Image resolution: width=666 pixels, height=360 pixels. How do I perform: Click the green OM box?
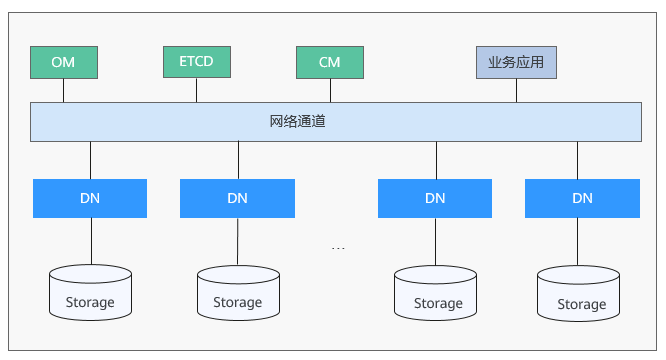[64, 62]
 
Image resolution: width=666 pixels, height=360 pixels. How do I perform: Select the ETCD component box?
[197, 61]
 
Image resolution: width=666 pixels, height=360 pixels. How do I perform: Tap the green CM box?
[329, 62]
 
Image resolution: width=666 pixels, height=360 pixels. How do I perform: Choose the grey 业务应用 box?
[515, 62]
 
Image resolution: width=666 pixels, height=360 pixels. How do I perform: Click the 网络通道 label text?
[297, 122]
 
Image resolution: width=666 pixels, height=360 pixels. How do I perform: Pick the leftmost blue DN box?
[90, 198]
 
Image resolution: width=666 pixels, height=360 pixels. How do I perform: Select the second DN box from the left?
[237, 198]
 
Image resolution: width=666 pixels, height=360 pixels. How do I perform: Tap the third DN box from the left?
[435, 198]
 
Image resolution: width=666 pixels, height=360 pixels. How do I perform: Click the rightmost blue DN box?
[582, 198]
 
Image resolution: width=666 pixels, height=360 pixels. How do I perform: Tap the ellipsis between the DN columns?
[338, 247]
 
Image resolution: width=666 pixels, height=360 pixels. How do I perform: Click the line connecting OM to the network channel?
[64, 90]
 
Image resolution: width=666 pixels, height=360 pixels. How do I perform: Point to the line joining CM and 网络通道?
[329, 90]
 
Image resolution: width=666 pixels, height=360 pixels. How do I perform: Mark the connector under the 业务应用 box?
[516, 90]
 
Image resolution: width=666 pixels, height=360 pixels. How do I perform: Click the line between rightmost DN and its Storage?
[582, 241]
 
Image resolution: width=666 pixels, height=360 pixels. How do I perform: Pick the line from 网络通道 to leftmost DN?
[90, 160]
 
